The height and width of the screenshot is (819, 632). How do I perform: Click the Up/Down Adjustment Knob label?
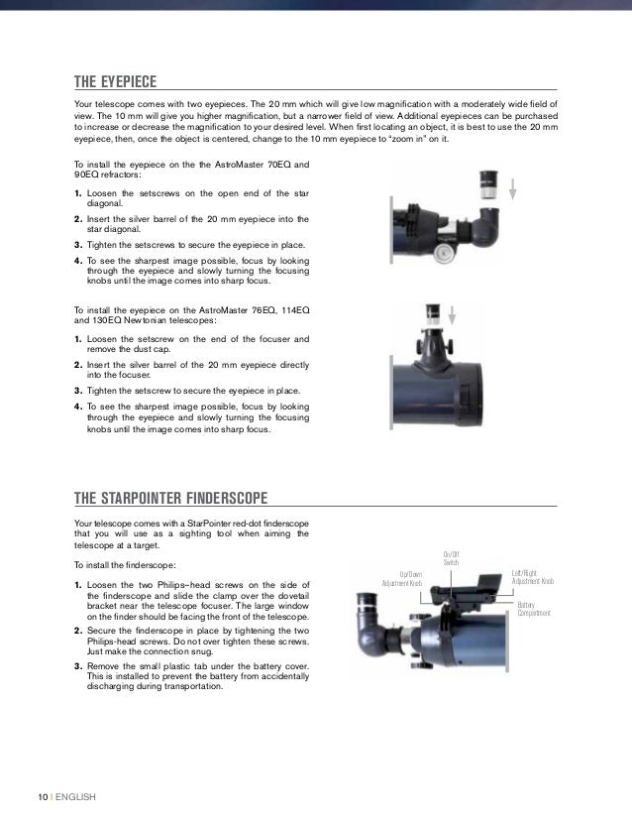point(403,578)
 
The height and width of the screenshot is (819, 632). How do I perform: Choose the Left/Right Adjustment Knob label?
point(533,577)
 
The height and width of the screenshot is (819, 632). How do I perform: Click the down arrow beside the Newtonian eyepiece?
point(451,316)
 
